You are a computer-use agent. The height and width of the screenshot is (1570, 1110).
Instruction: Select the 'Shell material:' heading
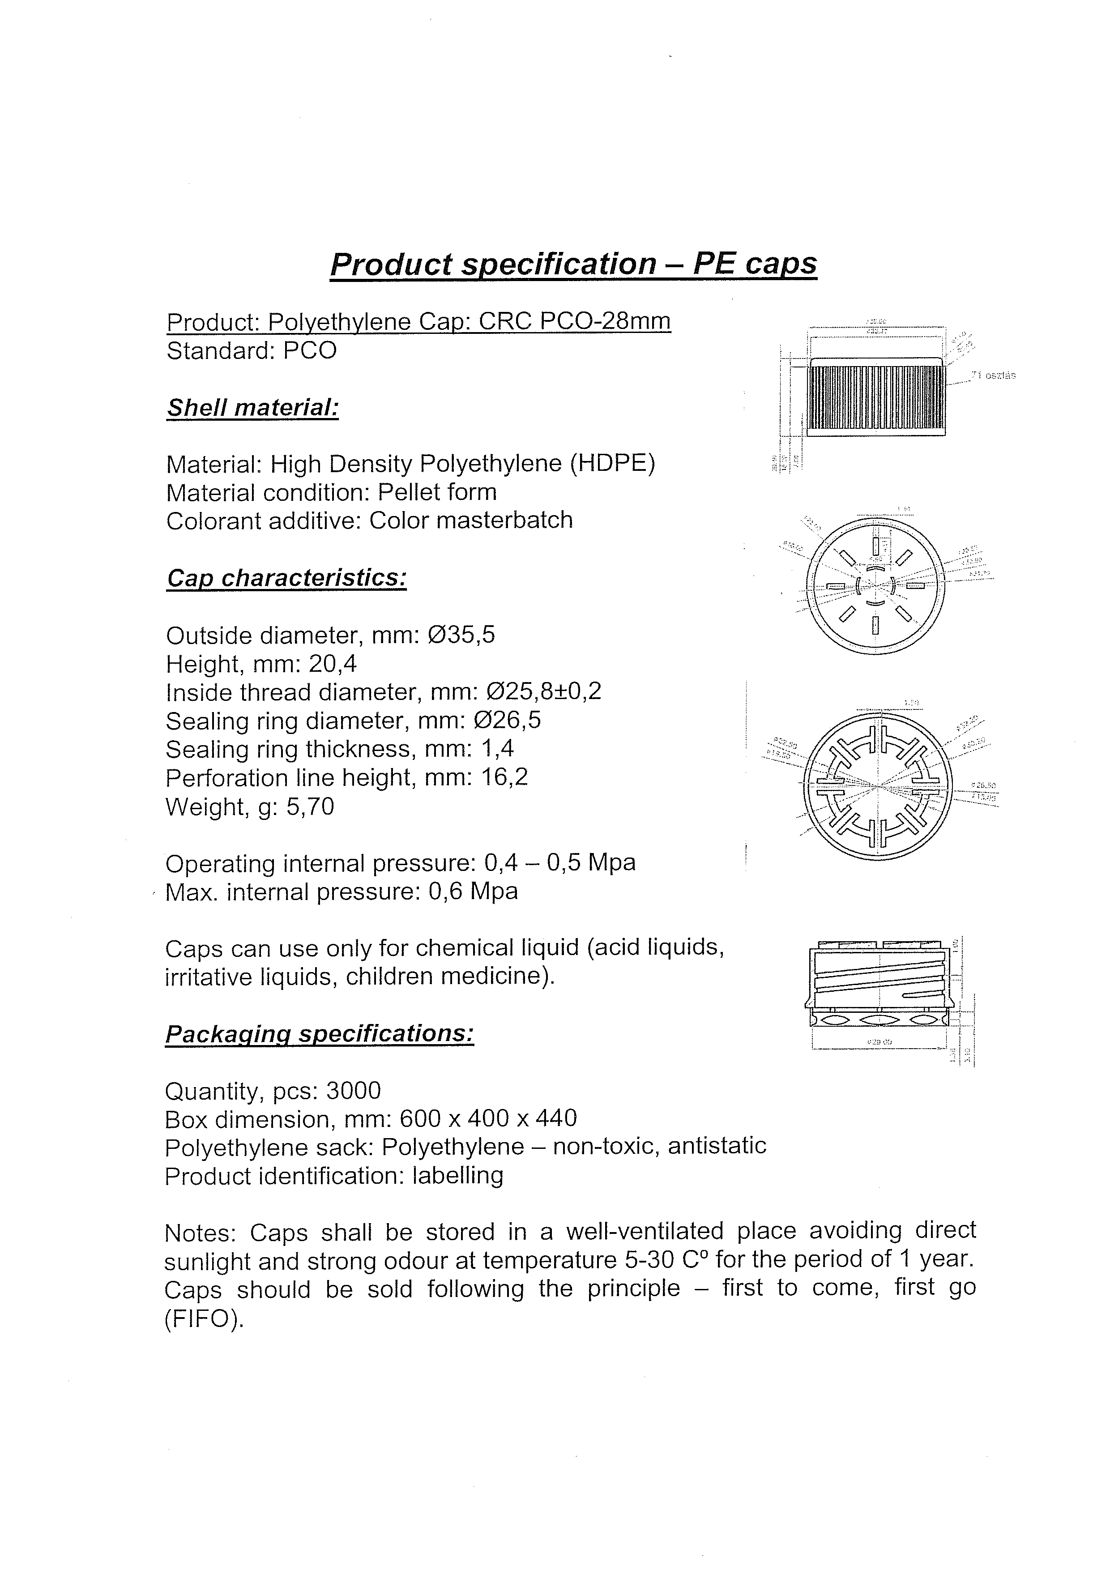252,408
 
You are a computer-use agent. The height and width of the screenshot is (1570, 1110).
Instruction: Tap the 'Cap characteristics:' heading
286,578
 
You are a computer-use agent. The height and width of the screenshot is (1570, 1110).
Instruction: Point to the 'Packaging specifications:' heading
320,1033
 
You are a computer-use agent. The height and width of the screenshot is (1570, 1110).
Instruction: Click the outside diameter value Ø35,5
461,635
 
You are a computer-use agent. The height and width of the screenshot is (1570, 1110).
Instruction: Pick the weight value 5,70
311,807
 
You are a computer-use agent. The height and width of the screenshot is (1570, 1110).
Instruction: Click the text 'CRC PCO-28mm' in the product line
575,321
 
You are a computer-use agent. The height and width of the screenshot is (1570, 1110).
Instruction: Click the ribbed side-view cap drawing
877,397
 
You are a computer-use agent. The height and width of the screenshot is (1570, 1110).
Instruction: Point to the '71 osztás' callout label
993,375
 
